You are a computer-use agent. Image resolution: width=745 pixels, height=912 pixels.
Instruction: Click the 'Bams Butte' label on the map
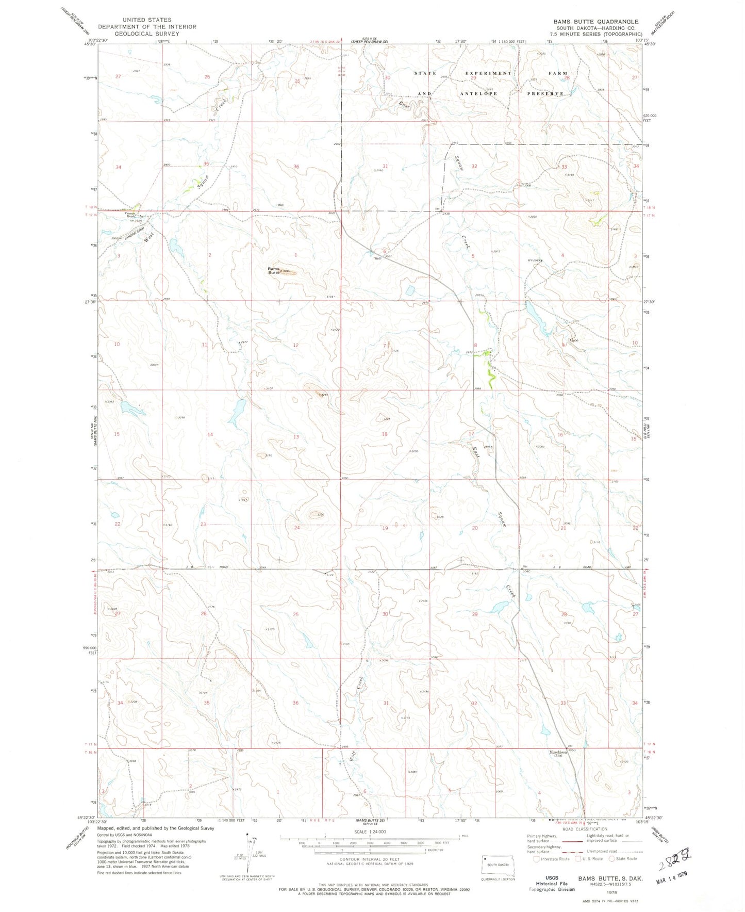point(273,270)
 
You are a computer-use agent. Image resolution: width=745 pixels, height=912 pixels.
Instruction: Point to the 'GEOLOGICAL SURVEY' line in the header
point(147,34)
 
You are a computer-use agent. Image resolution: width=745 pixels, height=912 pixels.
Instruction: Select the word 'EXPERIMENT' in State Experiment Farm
point(489,73)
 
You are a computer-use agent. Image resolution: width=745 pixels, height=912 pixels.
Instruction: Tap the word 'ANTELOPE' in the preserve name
point(479,94)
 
